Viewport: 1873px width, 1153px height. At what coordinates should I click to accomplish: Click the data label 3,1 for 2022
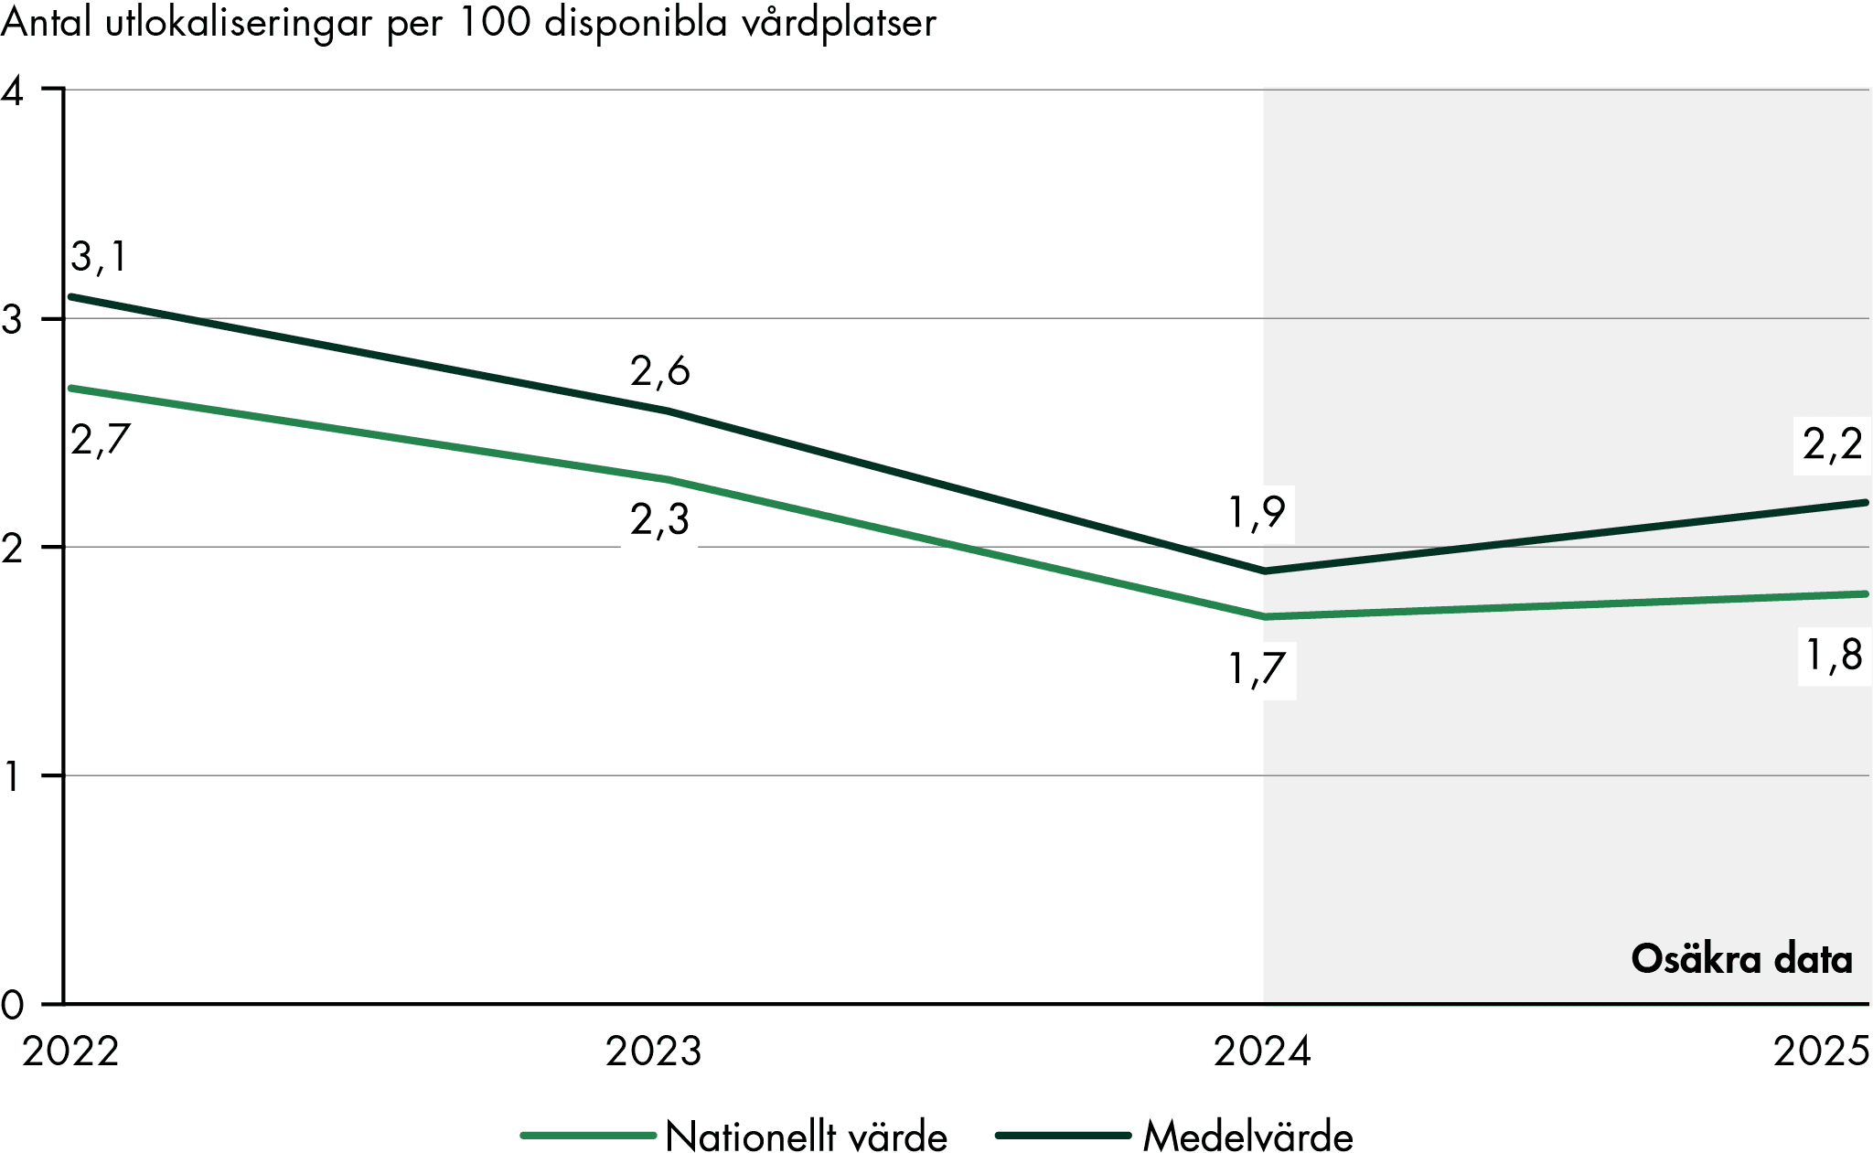click(99, 258)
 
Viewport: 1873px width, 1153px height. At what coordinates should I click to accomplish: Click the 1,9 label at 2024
click(1258, 513)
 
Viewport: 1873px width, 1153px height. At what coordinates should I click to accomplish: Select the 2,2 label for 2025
click(1832, 445)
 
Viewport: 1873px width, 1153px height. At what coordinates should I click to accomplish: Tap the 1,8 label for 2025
click(1834, 656)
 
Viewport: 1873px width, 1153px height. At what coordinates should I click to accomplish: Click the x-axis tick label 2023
click(653, 1052)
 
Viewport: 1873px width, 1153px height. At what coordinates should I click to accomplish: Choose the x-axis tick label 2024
click(1262, 1052)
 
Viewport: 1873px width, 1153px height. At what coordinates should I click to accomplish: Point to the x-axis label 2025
click(1821, 1052)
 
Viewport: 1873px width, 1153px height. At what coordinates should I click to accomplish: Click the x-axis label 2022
click(71, 1052)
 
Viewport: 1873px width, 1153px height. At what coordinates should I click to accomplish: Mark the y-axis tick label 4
click(13, 91)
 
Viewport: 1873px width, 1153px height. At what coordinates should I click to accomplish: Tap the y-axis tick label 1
click(13, 777)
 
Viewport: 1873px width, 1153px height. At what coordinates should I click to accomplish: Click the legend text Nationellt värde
click(806, 1137)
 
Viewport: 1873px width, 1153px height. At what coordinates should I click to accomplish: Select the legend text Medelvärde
click(1247, 1137)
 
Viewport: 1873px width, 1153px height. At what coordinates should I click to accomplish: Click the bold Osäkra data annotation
click(1741, 959)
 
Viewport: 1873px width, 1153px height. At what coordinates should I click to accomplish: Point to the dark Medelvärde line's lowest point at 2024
click(1265, 571)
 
